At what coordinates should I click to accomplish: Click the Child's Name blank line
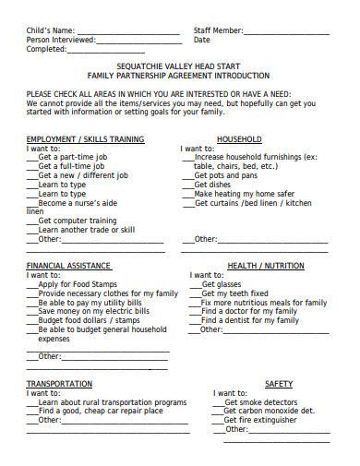point(129,34)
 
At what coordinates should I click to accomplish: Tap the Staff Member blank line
point(287,34)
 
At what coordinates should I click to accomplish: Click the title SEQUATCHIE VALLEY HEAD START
point(179,66)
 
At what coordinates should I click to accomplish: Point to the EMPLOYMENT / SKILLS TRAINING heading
point(85,139)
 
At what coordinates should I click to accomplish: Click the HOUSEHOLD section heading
point(239,139)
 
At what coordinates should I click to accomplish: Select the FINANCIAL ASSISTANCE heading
point(70,266)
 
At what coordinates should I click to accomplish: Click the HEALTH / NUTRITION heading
point(266,266)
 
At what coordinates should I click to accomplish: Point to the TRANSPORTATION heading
point(59,383)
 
